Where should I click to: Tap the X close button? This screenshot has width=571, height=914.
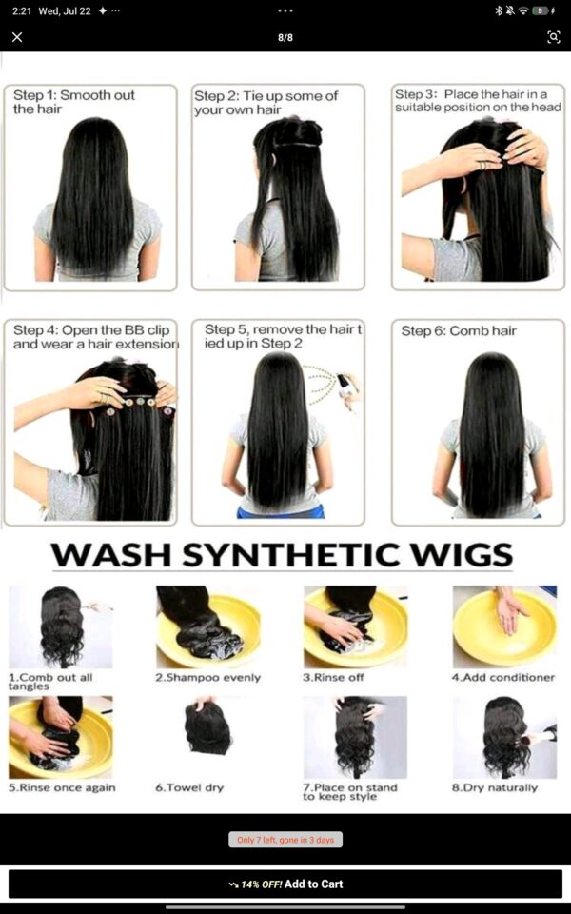[x=17, y=37]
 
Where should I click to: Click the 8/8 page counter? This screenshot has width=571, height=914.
[x=285, y=38]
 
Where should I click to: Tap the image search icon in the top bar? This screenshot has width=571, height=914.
[x=553, y=37]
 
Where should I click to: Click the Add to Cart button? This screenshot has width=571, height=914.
[x=285, y=884]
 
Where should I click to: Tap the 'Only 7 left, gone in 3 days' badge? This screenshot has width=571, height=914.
[x=285, y=840]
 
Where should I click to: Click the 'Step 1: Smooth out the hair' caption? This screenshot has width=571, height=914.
[x=74, y=102]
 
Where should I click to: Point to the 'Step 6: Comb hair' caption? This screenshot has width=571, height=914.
[x=459, y=331]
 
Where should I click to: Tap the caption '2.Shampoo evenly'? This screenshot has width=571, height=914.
[x=207, y=677]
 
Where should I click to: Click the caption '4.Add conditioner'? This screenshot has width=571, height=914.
[x=503, y=677]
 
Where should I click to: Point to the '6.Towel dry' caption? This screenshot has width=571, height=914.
[x=189, y=787]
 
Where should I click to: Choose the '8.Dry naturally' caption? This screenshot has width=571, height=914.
[x=495, y=787]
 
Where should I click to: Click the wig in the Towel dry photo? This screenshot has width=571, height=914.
[x=207, y=728]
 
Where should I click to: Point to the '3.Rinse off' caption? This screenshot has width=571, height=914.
[x=333, y=677]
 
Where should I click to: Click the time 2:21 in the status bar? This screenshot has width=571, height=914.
[x=22, y=11]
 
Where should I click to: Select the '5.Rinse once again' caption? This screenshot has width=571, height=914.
[x=62, y=787]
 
